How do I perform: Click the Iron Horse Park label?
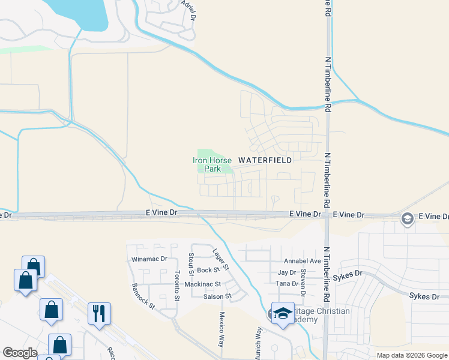pyautogui.click(x=212, y=164)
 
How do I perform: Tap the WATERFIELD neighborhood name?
pyautogui.click(x=265, y=160)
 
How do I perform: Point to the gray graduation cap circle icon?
pyautogui.click(x=408, y=220)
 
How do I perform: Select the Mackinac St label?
pyautogui.click(x=203, y=284)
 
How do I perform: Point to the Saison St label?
pyautogui.click(x=217, y=296)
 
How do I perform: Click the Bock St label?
pyautogui.click(x=209, y=271)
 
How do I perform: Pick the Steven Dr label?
pyautogui.click(x=303, y=282)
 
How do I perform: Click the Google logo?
pyautogui.click(x=20, y=353)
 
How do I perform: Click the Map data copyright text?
pyautogui.click(x=411, y=355)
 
